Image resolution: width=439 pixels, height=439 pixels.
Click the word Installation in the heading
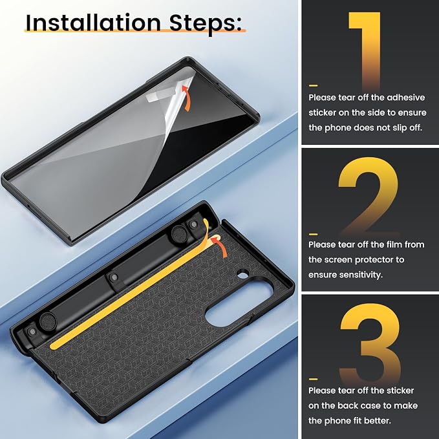click(93, 23)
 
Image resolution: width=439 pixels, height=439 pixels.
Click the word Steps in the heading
click(205, 24)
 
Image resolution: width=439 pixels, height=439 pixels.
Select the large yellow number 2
click(369, 196)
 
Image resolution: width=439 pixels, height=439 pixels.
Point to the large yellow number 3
click(370, 342)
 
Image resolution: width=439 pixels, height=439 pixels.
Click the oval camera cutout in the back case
click(239, 303)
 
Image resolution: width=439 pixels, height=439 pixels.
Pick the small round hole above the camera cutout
click(243, 274)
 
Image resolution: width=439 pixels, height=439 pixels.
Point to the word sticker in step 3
click(400, 391)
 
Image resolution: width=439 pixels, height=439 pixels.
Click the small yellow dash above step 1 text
click(313, 85)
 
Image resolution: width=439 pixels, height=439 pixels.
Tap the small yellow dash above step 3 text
click(313, 379)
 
